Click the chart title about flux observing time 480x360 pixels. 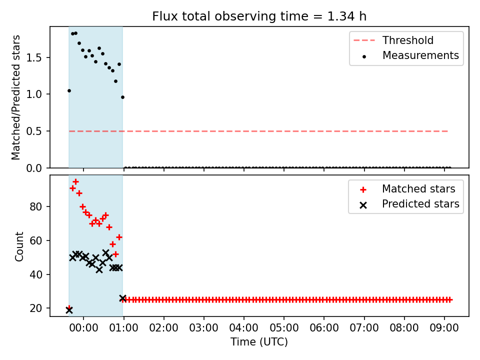point(259,16)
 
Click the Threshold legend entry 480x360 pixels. point(393,40)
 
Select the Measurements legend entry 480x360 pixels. point(410,55)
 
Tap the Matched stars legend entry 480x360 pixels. point(407,189)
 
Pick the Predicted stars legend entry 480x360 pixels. point(409,204)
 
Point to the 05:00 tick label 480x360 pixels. point(284,328)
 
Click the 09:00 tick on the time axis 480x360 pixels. point(444,328)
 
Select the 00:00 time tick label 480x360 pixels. point(83,328)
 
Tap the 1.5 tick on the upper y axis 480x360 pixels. point(34,57)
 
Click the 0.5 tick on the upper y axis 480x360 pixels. point(34,131)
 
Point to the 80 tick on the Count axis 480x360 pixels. point(36,206)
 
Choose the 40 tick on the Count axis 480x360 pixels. point(36,274)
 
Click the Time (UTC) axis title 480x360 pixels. point(259,341)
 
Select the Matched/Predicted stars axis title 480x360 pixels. point(16,97)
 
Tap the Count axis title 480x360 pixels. point(19,246)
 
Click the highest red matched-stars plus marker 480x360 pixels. point(75,182)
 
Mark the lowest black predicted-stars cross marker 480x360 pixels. point(69,310)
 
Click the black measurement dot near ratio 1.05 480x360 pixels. point(69,90)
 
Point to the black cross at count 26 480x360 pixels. point(122,298)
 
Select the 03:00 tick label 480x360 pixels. point(203,328)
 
